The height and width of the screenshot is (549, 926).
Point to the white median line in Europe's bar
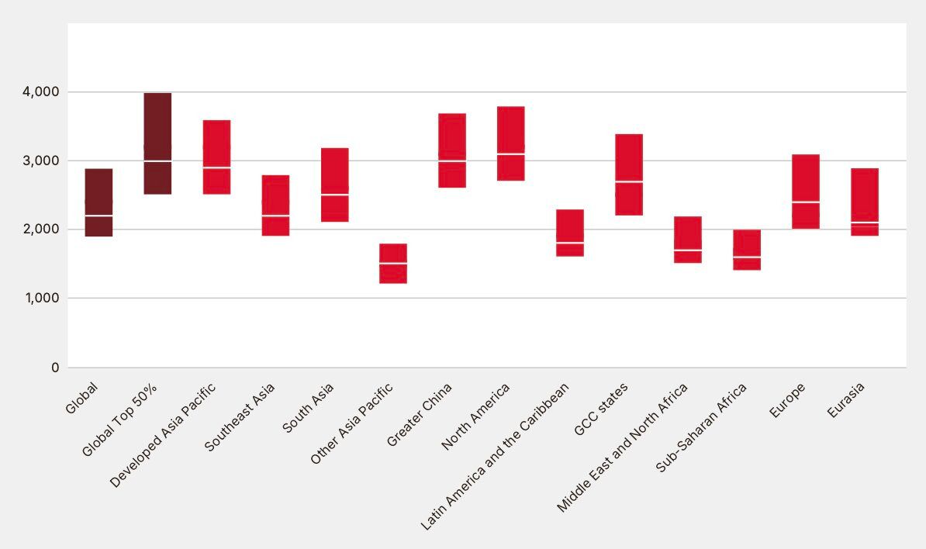click(x=805, y=202)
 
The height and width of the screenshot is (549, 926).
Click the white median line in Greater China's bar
click(x=452, y=161)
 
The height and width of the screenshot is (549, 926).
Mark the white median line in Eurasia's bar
click(x=864, y=223)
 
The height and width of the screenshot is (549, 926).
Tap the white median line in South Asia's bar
click(x=334, y=195)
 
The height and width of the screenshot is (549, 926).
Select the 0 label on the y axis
click(x=55, y=368)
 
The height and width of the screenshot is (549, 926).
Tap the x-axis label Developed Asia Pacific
click(x=162, y=435)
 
